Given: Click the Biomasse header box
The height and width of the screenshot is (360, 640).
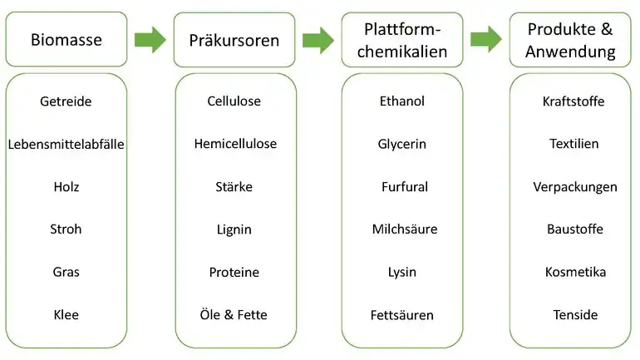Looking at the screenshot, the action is coord(66,39).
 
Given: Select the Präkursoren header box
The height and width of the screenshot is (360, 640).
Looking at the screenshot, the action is coord(234,40).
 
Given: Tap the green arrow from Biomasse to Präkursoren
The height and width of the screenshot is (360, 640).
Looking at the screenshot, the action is coord(150,40).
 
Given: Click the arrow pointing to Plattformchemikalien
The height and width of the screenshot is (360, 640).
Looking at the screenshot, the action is coord(318,40).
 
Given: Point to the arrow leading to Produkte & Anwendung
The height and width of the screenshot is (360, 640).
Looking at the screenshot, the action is coord(486,40).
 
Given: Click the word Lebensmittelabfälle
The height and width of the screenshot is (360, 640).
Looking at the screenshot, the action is coord(66,144).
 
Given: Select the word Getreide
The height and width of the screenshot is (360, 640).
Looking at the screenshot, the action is coord(66,101).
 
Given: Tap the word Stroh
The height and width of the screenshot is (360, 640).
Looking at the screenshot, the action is coord(66,229).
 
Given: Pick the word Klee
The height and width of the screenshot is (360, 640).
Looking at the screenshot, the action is coord(66,315).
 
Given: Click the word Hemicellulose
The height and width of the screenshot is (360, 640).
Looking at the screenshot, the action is coord(235,144).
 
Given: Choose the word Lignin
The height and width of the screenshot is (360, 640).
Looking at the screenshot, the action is coord(234,229).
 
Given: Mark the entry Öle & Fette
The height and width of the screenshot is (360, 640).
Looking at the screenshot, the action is coord(234,315).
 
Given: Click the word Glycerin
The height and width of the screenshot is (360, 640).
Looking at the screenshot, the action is coord(402,144).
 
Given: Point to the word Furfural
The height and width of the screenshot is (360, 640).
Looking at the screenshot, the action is coord(405,187).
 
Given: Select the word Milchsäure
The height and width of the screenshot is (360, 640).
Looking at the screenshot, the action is coord(405,229).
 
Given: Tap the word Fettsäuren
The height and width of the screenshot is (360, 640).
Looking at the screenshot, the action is coord(402,315).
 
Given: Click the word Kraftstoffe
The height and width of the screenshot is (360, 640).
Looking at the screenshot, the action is coord(574,101).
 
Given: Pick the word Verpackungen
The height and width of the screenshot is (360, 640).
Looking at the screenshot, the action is coord(575,187).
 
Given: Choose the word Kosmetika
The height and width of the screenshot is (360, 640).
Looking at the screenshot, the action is coord(575,272).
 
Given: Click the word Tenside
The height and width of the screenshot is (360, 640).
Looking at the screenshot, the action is coord(575,315).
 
